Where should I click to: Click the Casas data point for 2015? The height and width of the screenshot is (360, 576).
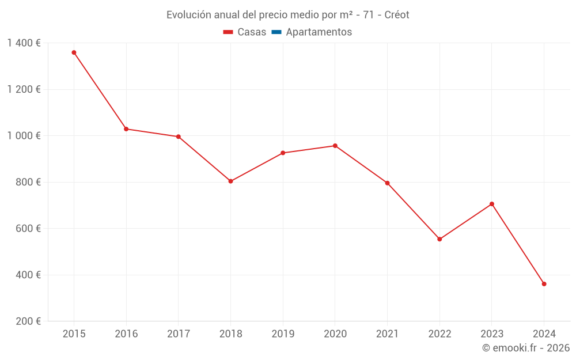tap(74, 52)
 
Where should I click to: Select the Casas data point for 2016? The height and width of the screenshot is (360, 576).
tap(126, 129)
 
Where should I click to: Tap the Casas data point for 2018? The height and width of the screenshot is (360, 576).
tap(230, 181)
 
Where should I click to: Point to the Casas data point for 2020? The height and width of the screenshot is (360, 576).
tap(335, 146)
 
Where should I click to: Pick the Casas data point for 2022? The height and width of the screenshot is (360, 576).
tap(439, 239)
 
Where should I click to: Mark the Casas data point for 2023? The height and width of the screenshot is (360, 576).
tap(492, 204)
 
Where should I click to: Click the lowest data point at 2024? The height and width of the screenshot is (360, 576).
tap(544, 284)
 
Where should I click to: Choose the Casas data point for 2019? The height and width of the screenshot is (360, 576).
tap(283, 153)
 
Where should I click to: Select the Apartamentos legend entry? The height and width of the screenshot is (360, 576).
tap(319, 32)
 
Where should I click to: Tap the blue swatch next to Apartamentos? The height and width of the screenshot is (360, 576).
tap(276, 32)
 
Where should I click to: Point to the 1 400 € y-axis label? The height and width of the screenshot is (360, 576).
tap(24, 43)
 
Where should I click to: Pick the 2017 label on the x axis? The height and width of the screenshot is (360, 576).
tap(179, 334)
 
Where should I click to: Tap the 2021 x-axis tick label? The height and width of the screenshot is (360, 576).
tap(387, 334)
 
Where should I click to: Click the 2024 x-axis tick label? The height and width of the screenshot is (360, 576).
tap(544, 334)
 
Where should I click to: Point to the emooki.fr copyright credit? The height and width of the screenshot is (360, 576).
tap(526, 348)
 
